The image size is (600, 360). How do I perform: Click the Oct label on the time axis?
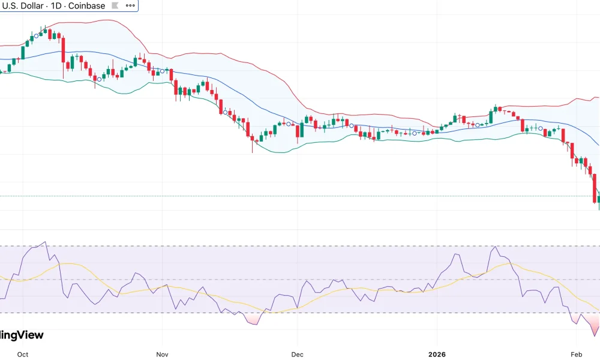(23, 354)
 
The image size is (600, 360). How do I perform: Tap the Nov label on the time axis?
(162, 354)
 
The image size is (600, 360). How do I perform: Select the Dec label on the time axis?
(297, 354)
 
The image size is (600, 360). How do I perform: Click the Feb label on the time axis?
(577, 354)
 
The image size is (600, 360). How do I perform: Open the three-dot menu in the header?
(130, 6)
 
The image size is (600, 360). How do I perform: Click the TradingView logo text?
(22, 335)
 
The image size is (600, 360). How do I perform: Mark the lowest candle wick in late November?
(253, 151)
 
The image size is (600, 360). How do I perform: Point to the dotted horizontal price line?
(300, 196)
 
